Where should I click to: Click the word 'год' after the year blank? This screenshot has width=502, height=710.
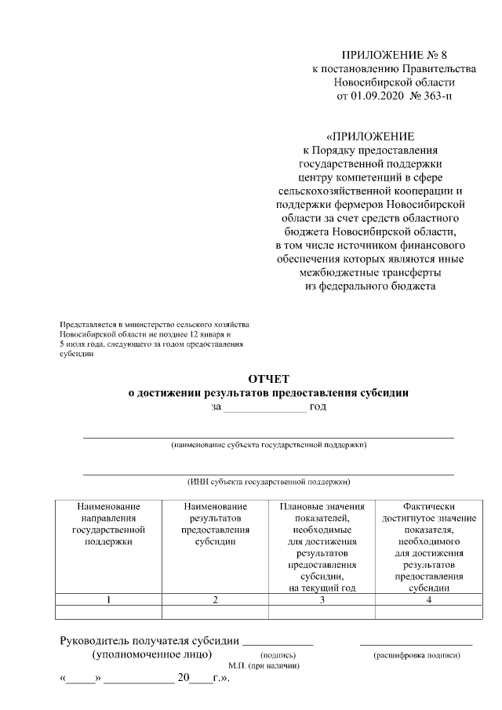click(x=318, y=406)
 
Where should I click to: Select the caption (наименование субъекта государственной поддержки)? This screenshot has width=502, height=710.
click(x=268, y=445)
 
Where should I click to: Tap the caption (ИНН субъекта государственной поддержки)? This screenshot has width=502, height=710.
click(x=268, y=482)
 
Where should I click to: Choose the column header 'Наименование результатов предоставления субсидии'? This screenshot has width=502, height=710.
click(x=215, y=524)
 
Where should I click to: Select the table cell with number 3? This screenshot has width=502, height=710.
click(x=322, y=600)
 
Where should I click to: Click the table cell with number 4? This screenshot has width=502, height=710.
click(x=428, y=600)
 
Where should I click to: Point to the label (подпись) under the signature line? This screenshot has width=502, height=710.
click(x=278, y=654)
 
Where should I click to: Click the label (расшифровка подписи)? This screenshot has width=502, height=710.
click(x=417, y=654)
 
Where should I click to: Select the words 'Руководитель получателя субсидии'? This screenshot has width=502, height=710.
click(x=150, y=640)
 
